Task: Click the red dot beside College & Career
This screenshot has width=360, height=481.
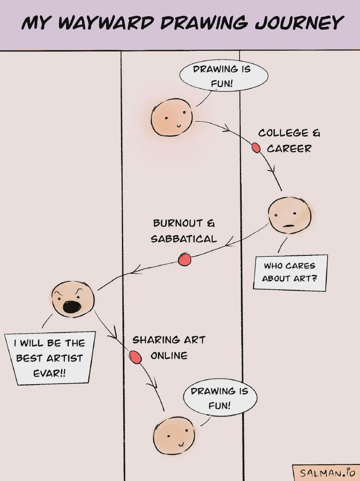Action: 256,148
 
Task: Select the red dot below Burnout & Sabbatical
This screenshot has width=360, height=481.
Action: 184,259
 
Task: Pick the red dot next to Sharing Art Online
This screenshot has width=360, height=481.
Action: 135,357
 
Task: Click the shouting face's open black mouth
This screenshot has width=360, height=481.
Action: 72,307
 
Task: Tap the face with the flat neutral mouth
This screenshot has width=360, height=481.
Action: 289,215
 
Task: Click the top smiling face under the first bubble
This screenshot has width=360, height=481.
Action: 171,117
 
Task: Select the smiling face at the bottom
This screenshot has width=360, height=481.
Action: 174,436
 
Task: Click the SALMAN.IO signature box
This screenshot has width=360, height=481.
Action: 326,472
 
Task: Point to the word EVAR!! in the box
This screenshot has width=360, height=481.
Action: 49,374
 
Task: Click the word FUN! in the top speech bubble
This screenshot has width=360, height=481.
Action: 221,83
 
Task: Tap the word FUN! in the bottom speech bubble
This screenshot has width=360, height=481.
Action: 219,405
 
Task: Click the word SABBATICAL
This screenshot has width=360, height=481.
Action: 184,239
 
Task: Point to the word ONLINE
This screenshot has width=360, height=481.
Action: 169,356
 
